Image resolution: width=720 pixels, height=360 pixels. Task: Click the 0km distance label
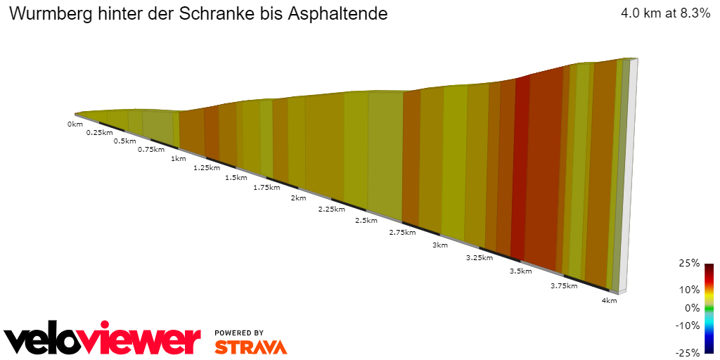coord(75,124)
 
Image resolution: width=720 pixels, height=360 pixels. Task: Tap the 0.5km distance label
coord(124,141)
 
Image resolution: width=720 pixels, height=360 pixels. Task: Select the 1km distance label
coord(178,158)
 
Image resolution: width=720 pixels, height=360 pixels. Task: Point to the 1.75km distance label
coord(266,188)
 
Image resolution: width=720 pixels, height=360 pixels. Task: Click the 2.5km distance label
coord(366,220)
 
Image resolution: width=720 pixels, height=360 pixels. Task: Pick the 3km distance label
coord(440,245)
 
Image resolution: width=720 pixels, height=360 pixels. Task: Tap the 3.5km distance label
coord(520,271)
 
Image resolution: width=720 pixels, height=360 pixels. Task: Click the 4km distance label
coord(609,301)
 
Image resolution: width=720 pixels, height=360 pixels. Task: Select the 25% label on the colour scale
coord(690,263)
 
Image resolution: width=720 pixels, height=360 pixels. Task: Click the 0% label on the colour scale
coord(692,307)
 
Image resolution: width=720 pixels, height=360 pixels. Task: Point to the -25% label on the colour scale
coord(688,352)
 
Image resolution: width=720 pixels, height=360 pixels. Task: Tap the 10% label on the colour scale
coord(690,289)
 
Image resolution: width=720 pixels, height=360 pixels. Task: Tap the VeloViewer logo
coord(103,340)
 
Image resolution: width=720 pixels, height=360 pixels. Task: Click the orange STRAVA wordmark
coord(250,347)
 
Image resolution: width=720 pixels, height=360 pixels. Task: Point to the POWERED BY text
coord(239,333)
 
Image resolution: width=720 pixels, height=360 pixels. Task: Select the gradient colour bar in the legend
coord(709,308)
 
